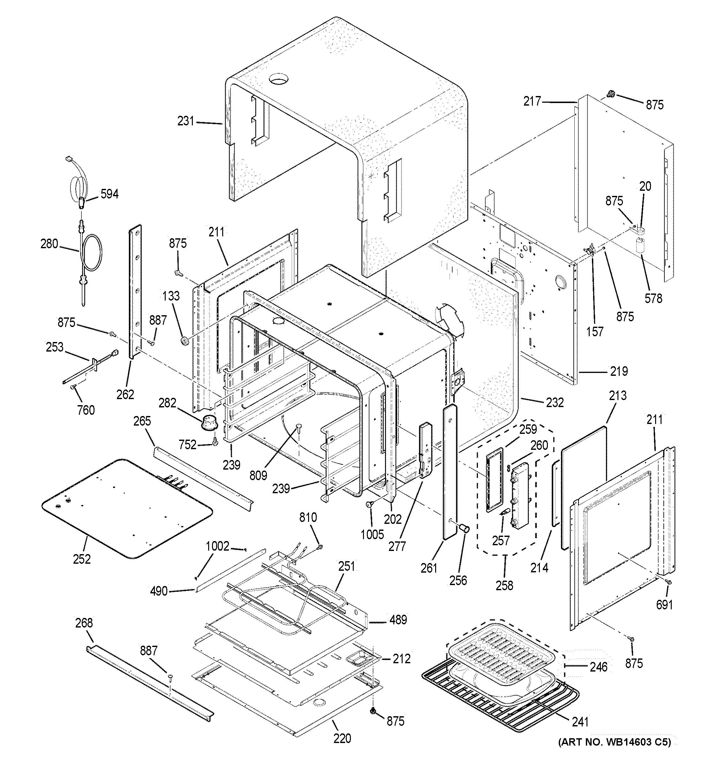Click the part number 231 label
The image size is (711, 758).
point(186,121)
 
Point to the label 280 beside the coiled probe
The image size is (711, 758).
point(49,244)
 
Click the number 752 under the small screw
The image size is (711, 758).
point(187,445)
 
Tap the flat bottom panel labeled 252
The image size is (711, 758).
point(126,507)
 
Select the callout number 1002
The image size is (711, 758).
point(217,546)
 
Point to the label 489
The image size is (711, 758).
point(398,620)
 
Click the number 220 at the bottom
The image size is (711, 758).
point(342,738)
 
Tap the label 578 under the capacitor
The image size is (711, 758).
point(653,298)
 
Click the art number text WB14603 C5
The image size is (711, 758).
point(615,742)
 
